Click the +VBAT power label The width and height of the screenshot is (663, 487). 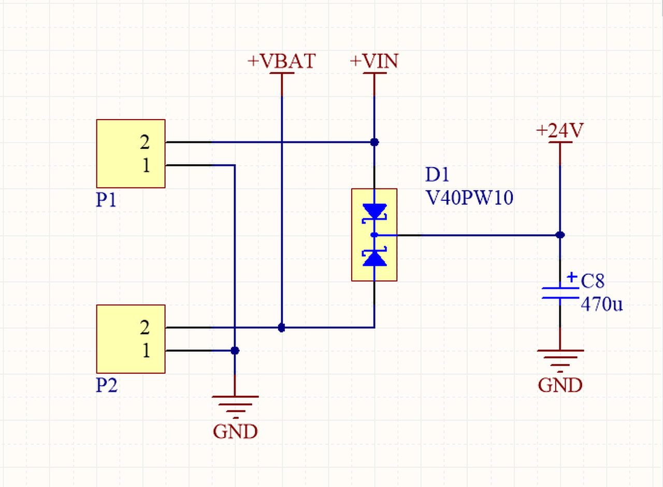tap(281, 61)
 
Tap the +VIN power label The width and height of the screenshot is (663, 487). tap(374, 61)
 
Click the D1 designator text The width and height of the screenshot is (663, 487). tap(437, 174)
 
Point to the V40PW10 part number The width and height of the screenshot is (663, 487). tap(469, 198)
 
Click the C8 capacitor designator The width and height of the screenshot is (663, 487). tap(593, 281)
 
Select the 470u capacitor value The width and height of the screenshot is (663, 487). tap(602, 304)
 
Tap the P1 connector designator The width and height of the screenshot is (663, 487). tap(106, 200)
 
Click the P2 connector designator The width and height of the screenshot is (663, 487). tap(107, 385)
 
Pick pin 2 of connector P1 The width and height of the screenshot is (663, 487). tap(145, 142)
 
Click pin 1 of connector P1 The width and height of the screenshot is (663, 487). tap(146, 165)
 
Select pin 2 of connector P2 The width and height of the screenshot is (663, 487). tap(145, 327)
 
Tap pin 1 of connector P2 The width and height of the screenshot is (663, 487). tap(146, 351)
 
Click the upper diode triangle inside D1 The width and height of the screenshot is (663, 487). tap(374, 211)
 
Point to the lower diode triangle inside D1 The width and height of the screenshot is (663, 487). tap(374, 258)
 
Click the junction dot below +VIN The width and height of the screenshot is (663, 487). tap(374, 142)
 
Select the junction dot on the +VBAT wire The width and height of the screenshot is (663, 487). tap(281, 328)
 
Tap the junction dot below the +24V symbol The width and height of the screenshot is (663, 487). tap(560, 235)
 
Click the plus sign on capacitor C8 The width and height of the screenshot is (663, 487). tap(572, 277)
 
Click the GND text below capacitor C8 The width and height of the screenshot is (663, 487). tap(560, 385)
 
